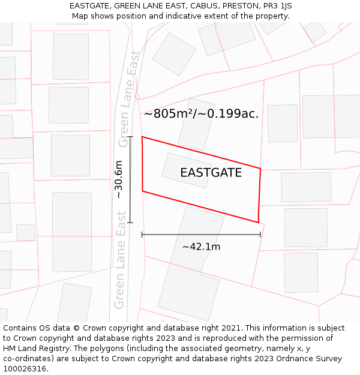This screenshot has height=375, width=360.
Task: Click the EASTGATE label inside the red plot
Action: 211,173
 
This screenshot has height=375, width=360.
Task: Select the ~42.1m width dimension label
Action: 201,247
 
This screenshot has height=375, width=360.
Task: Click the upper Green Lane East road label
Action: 129,98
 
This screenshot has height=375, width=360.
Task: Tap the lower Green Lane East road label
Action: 121,268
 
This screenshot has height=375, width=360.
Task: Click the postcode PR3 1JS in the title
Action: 278,6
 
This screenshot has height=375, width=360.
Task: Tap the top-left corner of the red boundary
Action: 142,137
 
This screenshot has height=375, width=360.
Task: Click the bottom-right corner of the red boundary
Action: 259,223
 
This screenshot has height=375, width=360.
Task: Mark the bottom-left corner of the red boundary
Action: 142,191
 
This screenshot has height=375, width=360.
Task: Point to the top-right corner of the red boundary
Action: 260,169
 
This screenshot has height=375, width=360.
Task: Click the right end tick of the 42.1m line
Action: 260,234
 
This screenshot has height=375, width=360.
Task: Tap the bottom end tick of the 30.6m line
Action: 130,223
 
